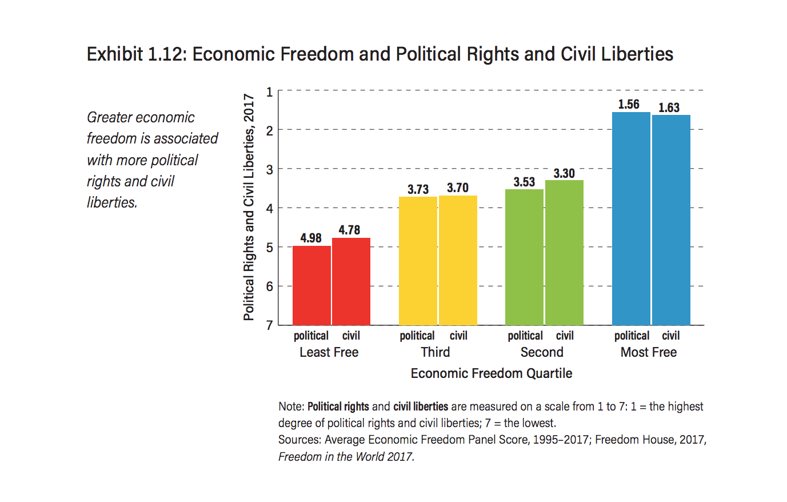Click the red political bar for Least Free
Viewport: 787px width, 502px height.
coord(311,285)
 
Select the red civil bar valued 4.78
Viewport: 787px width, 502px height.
coord(351,281)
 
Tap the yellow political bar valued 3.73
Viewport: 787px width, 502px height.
coord(418,261)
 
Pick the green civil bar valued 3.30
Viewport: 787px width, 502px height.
coord(564,253)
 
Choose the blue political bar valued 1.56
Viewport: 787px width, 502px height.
coord(631,218)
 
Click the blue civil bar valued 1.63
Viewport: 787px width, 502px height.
coord(671,220)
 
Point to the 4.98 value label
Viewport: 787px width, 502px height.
coord(311,238)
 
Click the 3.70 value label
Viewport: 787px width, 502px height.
coord(458,188)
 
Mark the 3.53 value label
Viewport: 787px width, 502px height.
coord(524,182)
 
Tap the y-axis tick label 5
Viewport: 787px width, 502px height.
coord(270,247)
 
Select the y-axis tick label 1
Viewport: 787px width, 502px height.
coord(270,91)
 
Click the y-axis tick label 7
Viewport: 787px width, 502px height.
coord(270,325)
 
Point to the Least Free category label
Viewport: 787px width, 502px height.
coord(329,352)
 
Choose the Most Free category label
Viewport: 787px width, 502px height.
coord(649,352)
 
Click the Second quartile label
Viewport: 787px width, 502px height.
coord(542,352)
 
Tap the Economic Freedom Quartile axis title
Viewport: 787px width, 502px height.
coord(492,373)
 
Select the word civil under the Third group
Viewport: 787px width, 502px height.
coord(458,336)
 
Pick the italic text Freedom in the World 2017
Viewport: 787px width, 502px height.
coord(346,457)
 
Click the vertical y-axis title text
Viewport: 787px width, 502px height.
coord(249,207)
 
